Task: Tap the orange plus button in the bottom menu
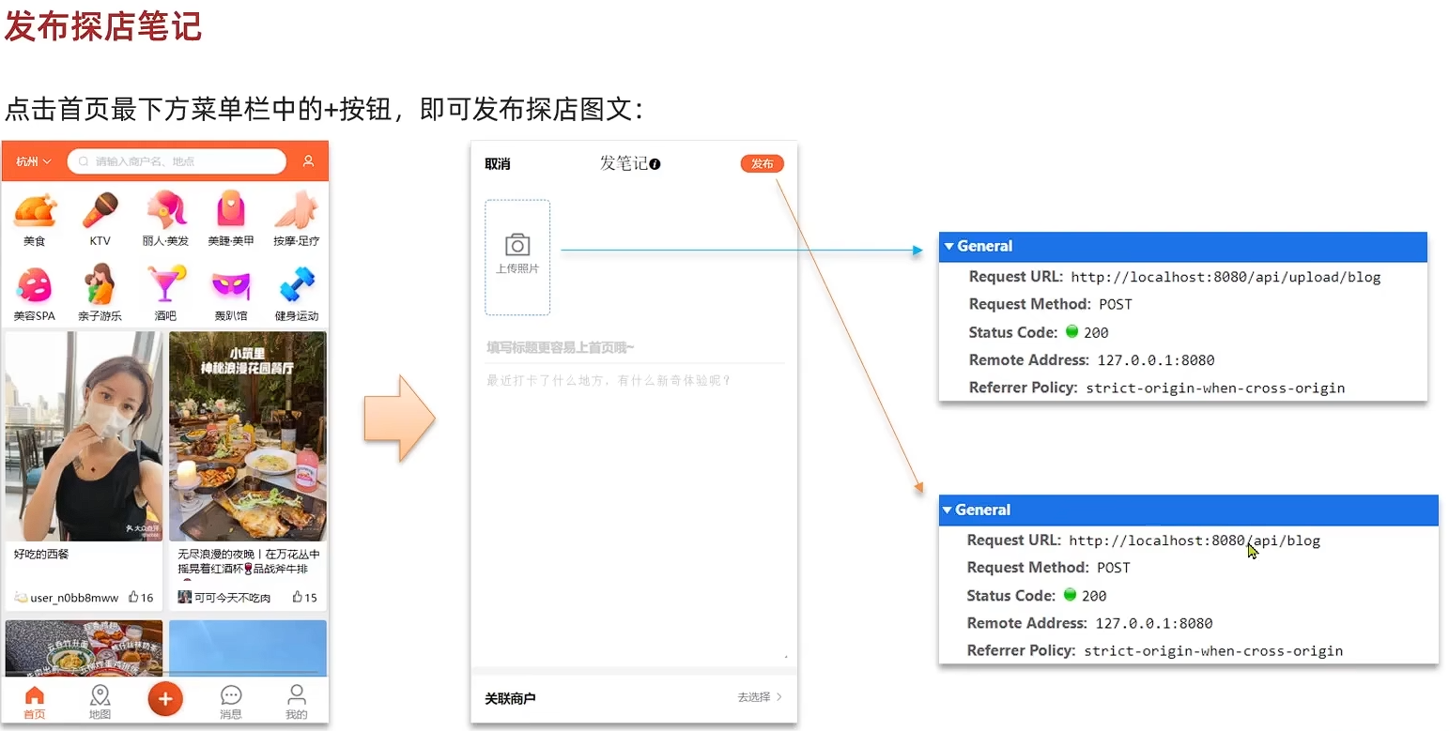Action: pyautogui.click(x=165, y=698)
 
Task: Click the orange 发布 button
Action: pyautogui.click(x=762, y=164)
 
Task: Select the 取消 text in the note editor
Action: pyautogui.click(x=498, y=164)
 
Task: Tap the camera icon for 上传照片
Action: pyautogui.click(x=517, y=245)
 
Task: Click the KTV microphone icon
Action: pyautogui.click(x=100, y=210)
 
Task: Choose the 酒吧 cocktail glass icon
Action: pyautogui.click(x=165, y=284)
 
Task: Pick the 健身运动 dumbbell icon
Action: pyautogui.click(x=297, y=284)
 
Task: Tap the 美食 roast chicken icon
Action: pyautogui.click(x=35, y=210)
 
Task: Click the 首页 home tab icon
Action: pyautogui.click(x=35, y=695)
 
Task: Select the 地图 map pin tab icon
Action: pyautogui.click(x=100, y=695)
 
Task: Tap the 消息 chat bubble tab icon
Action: pyautogui.click(x=231, y=695)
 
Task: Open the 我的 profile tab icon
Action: pyautogui.click(x=297, y=695)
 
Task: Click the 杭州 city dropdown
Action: pyautogui.click(x=34, y=161)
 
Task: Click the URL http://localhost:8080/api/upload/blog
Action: pyautogui.click(x=1225, y=277)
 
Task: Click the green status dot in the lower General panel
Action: pyautogui.click(x=1070, y=595)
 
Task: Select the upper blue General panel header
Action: pyautogui.click(x=1182, y=247)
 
